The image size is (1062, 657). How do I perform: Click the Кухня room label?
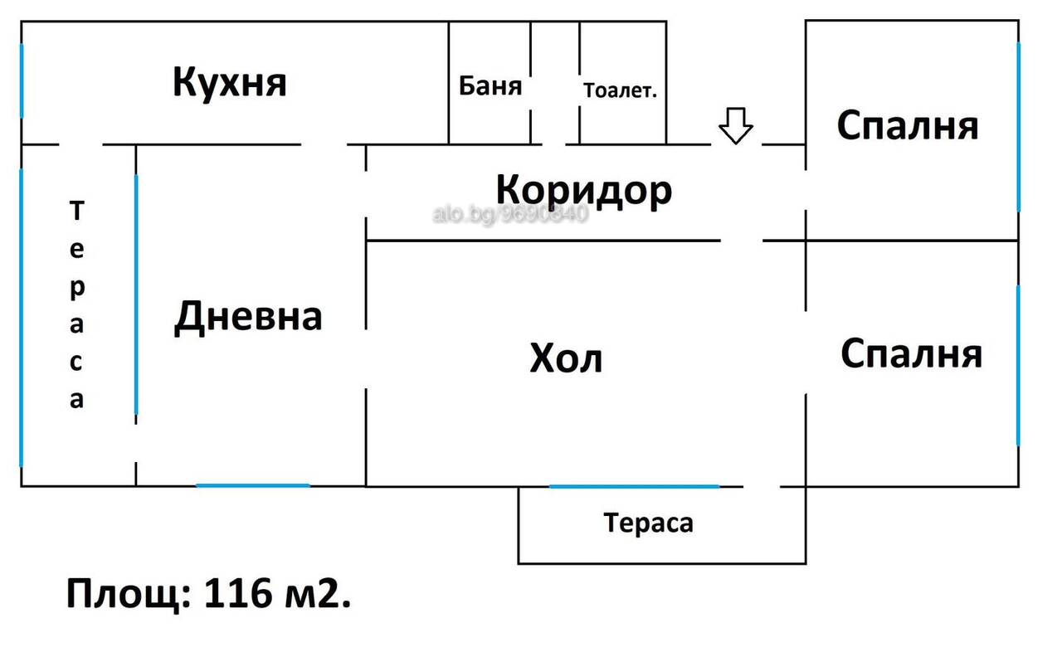tap(230, 84)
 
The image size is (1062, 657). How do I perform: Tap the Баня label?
tap(490, 85)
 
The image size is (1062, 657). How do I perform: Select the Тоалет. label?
tap(620, 90)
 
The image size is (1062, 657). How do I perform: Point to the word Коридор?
tap(584, 191)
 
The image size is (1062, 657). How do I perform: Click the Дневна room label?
tap(248, 317)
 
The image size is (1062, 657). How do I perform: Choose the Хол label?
tap(566, 358)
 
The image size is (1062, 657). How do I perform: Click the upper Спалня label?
tap(908, 125)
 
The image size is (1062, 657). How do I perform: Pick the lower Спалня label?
tap(911, 353)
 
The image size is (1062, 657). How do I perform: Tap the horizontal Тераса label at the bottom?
tap(649, 523)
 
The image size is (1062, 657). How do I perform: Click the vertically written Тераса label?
tap(77, 304)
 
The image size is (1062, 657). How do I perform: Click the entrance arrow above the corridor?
tap(735, 125)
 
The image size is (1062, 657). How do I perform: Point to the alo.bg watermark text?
tap(510, 214)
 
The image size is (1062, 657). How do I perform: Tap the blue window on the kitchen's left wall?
tap(22, 80)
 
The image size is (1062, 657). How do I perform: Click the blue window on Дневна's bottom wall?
tap(253, 485)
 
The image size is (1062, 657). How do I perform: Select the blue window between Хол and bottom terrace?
tap(635, 486)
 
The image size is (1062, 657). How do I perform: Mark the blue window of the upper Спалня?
tap(1018, 127)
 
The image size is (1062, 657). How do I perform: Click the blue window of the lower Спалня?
tap(1018, 366)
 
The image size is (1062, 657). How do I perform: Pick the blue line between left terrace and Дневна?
tap(136, 294)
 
